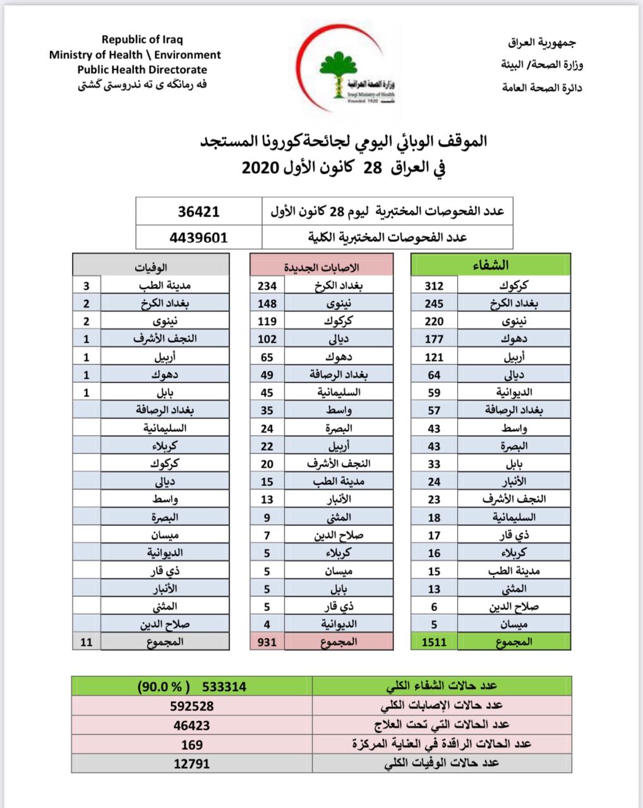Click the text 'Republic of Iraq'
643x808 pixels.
[x=142, y=40]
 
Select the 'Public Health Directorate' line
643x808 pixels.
[x=142, y=70]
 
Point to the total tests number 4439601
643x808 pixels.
[x=199, y=238]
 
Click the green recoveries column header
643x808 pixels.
[x=491, y=266]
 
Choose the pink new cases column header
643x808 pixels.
[x=322, y=266]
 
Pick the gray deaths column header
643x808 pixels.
[x=150, y=266]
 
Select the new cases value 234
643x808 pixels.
[x=267, y=285]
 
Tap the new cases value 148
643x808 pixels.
[x=267, y=303]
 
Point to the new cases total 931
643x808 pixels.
[x=267, y=642]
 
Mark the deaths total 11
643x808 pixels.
[x=87, y=642]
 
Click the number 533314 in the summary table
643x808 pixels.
[x=224, y=686]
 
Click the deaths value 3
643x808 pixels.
[x=87, y=285]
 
